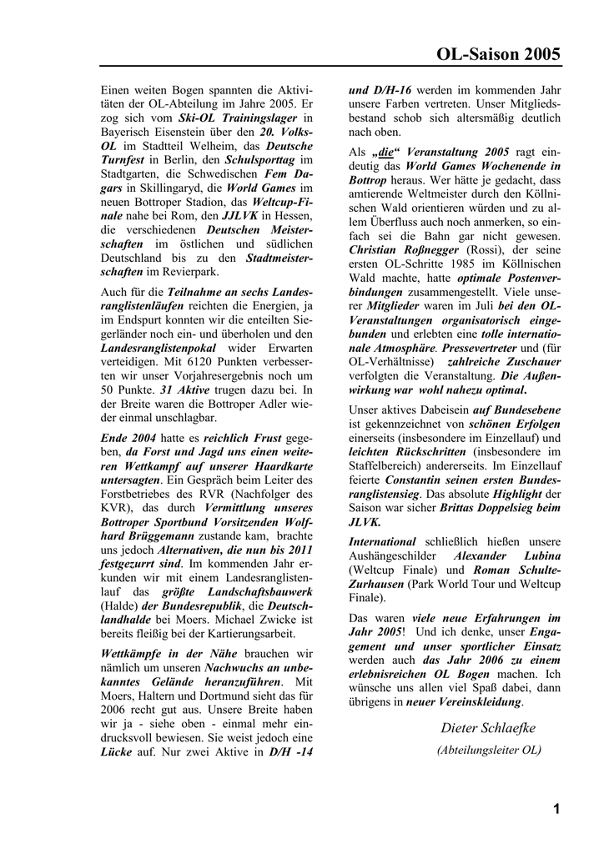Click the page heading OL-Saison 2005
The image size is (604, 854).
(498, 55)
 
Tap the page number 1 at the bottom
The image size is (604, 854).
(556, 808)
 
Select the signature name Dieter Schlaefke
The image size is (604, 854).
(488, 728)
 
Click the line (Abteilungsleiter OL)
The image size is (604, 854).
(489, 750)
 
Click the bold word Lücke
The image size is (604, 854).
(116, 752)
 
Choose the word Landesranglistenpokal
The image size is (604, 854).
(159, 347)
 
